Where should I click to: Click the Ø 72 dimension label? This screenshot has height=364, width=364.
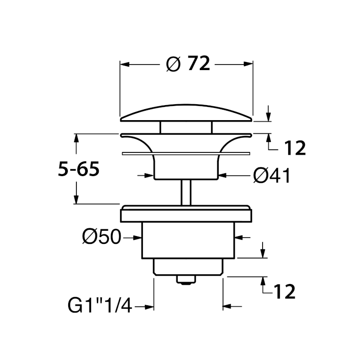[x=188, y=64]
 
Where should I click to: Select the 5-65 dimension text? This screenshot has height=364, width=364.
[x=79, y=169]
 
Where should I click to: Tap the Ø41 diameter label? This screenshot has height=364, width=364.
[x=272, y=176]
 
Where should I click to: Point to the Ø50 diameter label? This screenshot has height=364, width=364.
[x=101, y=237]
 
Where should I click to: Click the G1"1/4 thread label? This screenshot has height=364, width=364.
[x=100, y=305]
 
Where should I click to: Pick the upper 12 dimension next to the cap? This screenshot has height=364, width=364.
[x=295, y=148]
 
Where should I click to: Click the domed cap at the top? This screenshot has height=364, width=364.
[x=186, y=113]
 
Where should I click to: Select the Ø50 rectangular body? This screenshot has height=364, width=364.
[x=188, y=240]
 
